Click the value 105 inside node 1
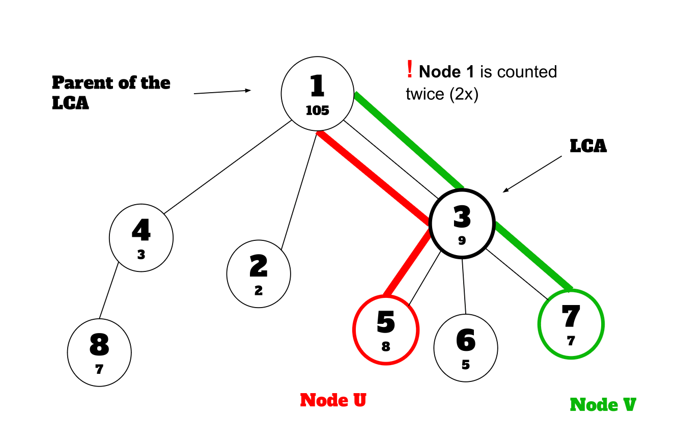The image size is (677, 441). [x=317, y=111]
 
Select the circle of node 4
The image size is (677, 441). [x=141, y=237]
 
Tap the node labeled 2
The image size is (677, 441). [x=259, y=273]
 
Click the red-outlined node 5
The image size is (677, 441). [x=385, y=329]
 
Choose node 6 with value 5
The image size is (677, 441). [x=465, y=348]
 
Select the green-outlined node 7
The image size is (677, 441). [x=571, y=324]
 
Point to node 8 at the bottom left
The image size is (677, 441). [x=99, y=352]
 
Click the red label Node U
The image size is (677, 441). [x=333, y=400]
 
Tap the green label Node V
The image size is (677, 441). [x=603, y=405]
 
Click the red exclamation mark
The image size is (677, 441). [x=409, y=69]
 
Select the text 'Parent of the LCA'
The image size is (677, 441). [x=111, y=92]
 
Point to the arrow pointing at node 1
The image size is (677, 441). [x=222, y=92]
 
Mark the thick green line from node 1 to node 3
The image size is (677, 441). [x=410, y=141]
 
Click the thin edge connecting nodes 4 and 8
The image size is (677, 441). [x=108, y=290]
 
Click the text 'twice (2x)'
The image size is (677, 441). [x=442, y=94]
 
